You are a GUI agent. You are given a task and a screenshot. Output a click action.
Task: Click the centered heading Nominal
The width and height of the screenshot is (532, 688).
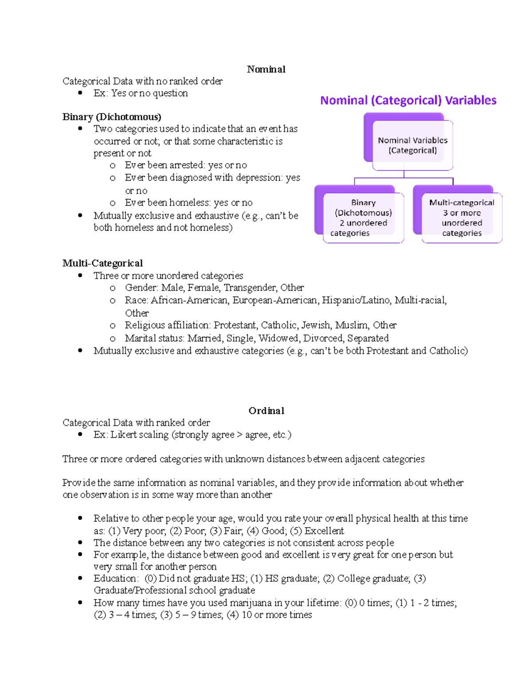[266, 69]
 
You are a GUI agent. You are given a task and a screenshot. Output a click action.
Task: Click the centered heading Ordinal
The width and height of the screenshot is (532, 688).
[266, 411]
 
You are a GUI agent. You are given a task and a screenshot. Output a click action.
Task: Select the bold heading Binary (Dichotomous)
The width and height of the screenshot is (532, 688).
[112, 117]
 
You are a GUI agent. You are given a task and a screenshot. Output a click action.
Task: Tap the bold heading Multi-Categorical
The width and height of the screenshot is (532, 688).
[102, 263]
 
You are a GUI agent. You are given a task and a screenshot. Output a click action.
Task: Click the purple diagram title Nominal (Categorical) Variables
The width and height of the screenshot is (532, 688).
[408, 101]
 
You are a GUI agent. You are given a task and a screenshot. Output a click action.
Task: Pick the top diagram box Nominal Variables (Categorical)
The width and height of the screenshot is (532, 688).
[412, 145]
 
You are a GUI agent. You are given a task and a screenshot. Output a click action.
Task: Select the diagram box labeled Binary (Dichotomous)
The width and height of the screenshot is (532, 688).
[363, 218]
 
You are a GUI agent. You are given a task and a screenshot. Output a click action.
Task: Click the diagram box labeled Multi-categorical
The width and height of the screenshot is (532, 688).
[462, 218]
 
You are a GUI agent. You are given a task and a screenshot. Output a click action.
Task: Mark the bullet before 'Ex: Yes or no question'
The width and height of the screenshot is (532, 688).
[80, 93]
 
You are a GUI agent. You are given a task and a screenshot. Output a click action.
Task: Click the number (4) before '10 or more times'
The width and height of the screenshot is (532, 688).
[232, 615]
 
